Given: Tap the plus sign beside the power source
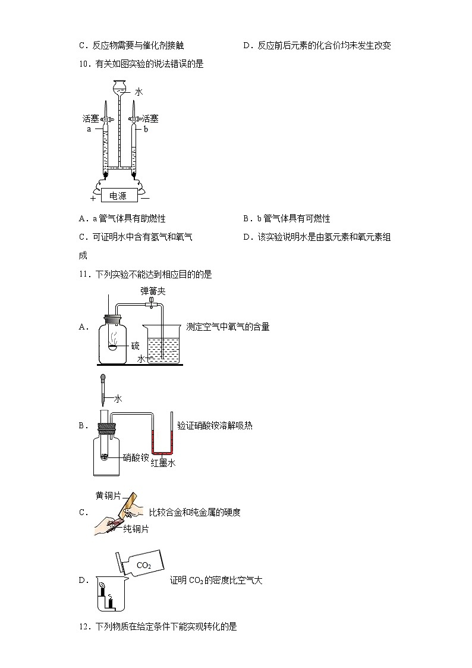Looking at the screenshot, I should click(x=92, y=198).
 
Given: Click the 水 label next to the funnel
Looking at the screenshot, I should click(x=139, y=92).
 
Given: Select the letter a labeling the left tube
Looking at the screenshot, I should click(x=89, y=128).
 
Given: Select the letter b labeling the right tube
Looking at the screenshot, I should click(x=146, y=128).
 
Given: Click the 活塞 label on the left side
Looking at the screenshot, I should click(x=91, y=119).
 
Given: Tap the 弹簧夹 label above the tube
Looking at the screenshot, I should click(x=152, y=291).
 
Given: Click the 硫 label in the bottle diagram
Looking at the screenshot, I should click(x=135, y=346).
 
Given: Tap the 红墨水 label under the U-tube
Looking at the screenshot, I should click(x=162, y=463).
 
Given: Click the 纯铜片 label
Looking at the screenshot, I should click(x=136, y=528).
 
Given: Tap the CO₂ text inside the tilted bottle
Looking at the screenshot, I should click(x=143, y=565).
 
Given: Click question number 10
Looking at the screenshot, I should click(x=84, y=64).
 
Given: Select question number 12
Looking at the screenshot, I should click(x=84, y=626).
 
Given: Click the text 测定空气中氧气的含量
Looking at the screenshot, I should click(x=228, y=327).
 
